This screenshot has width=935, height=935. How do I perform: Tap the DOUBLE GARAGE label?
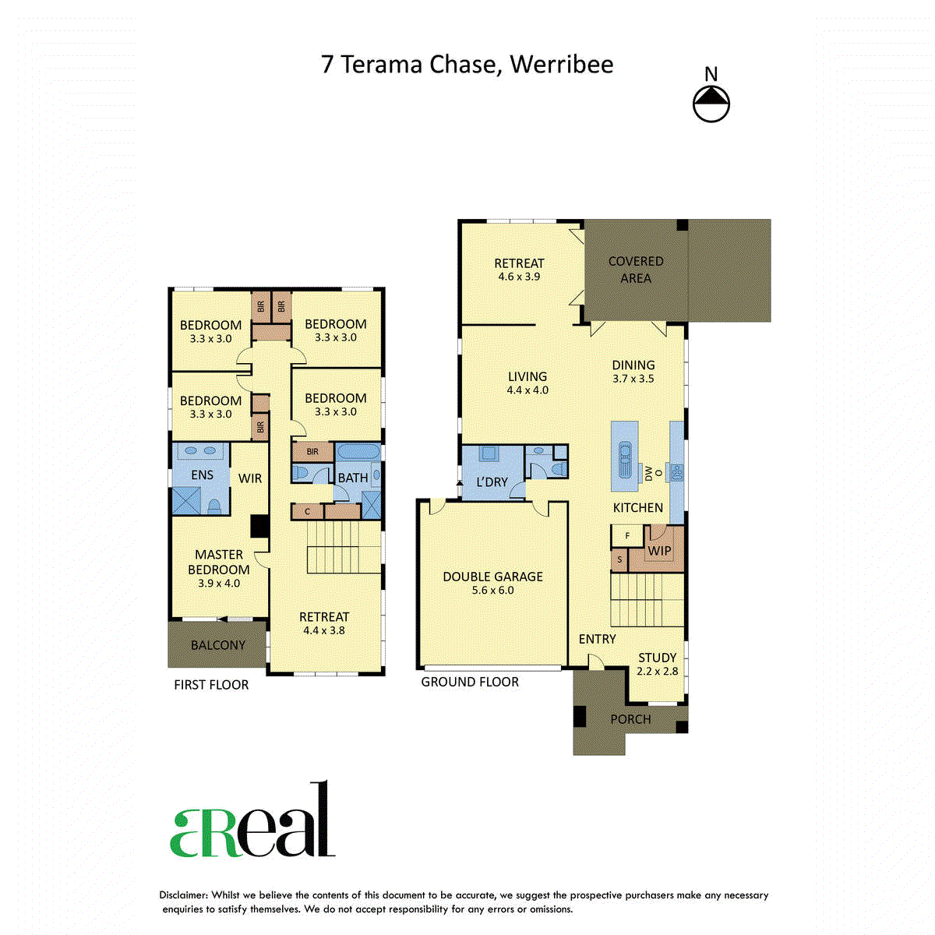tap(492, 577)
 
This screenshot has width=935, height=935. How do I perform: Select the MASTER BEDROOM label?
tap(218, 562)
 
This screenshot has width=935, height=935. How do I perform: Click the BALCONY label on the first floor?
tap(218, 645)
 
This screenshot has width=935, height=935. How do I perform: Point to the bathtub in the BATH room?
tap(358, 452)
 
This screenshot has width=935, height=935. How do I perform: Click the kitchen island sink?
tap(625, 460)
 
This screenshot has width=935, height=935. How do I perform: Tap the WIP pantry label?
tap(659, 551)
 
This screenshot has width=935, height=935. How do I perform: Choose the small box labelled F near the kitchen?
tap(627, 535)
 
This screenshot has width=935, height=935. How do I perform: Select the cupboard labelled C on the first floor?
tap(307, 511)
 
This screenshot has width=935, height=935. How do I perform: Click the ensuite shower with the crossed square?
tap(186, 500)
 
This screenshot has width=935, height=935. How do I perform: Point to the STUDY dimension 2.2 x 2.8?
tap(657, 671)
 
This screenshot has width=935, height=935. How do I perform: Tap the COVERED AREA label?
tap(636, 270)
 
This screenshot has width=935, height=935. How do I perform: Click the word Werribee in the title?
tap(561, 65)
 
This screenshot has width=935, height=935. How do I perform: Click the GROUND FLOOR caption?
tap(470, 682)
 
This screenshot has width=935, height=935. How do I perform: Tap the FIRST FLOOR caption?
tap(211, 685)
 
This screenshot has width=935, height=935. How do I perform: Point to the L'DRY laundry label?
tap(492, 482)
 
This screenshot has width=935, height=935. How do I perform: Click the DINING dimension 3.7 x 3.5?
tap(633, 379)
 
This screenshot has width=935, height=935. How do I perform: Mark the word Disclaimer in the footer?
tap(183, 895)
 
